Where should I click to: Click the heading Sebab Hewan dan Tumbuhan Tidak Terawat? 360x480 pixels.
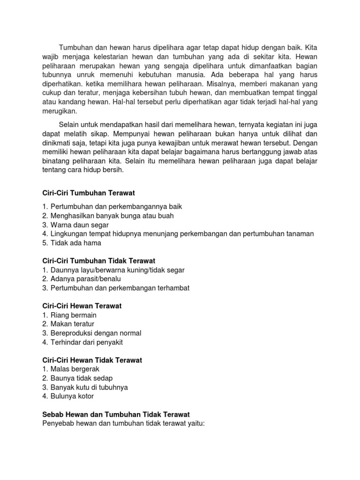115,414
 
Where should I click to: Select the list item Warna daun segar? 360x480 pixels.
82,225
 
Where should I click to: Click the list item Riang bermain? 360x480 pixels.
73,315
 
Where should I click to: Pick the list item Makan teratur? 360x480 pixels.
72,324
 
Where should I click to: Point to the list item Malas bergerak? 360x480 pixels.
75,369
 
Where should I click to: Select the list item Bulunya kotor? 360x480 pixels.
72,396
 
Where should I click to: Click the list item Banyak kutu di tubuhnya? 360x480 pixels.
89,387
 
